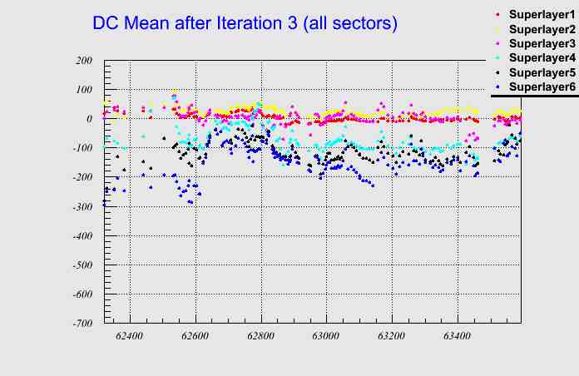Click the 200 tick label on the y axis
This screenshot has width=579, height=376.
point(83,61)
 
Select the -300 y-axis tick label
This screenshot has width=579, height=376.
point(81,206)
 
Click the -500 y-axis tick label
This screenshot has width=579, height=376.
point(81,265)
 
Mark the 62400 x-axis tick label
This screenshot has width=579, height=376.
point(130,337)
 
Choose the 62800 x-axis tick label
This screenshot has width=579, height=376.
point(260,337)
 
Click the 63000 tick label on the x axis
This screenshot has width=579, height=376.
point(325,337)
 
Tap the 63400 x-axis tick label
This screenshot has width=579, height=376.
point(456,337)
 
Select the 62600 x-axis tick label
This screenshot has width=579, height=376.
point(195,337)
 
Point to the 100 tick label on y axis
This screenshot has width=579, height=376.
point(83,90)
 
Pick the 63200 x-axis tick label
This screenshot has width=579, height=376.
point(391,337)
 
